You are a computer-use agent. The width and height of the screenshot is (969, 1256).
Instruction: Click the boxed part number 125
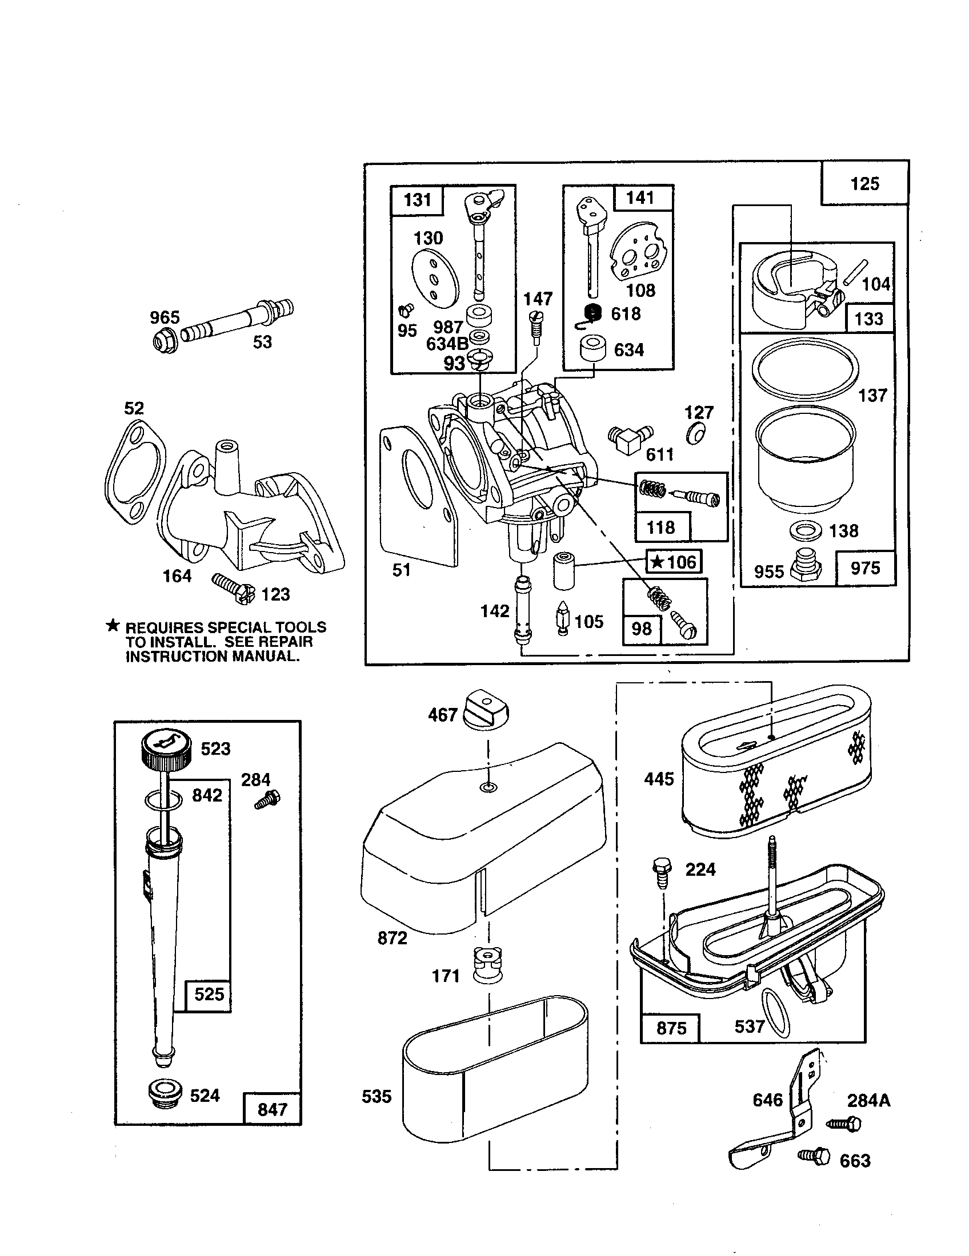tap(864, 183)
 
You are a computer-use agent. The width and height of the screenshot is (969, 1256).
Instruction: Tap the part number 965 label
tap(165, 317)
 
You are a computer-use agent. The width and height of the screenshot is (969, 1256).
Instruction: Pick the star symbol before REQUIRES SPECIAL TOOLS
tap(113, 626)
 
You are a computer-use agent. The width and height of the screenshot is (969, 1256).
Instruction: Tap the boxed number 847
tap(271, 1109)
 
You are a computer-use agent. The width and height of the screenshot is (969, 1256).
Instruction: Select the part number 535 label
tap(377, 1096)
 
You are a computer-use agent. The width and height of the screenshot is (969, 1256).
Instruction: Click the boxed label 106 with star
tap(674, 562)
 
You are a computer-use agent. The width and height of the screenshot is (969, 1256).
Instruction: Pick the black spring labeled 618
tap(592, 313)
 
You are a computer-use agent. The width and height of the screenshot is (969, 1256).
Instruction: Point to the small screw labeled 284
tap(267, 799)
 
